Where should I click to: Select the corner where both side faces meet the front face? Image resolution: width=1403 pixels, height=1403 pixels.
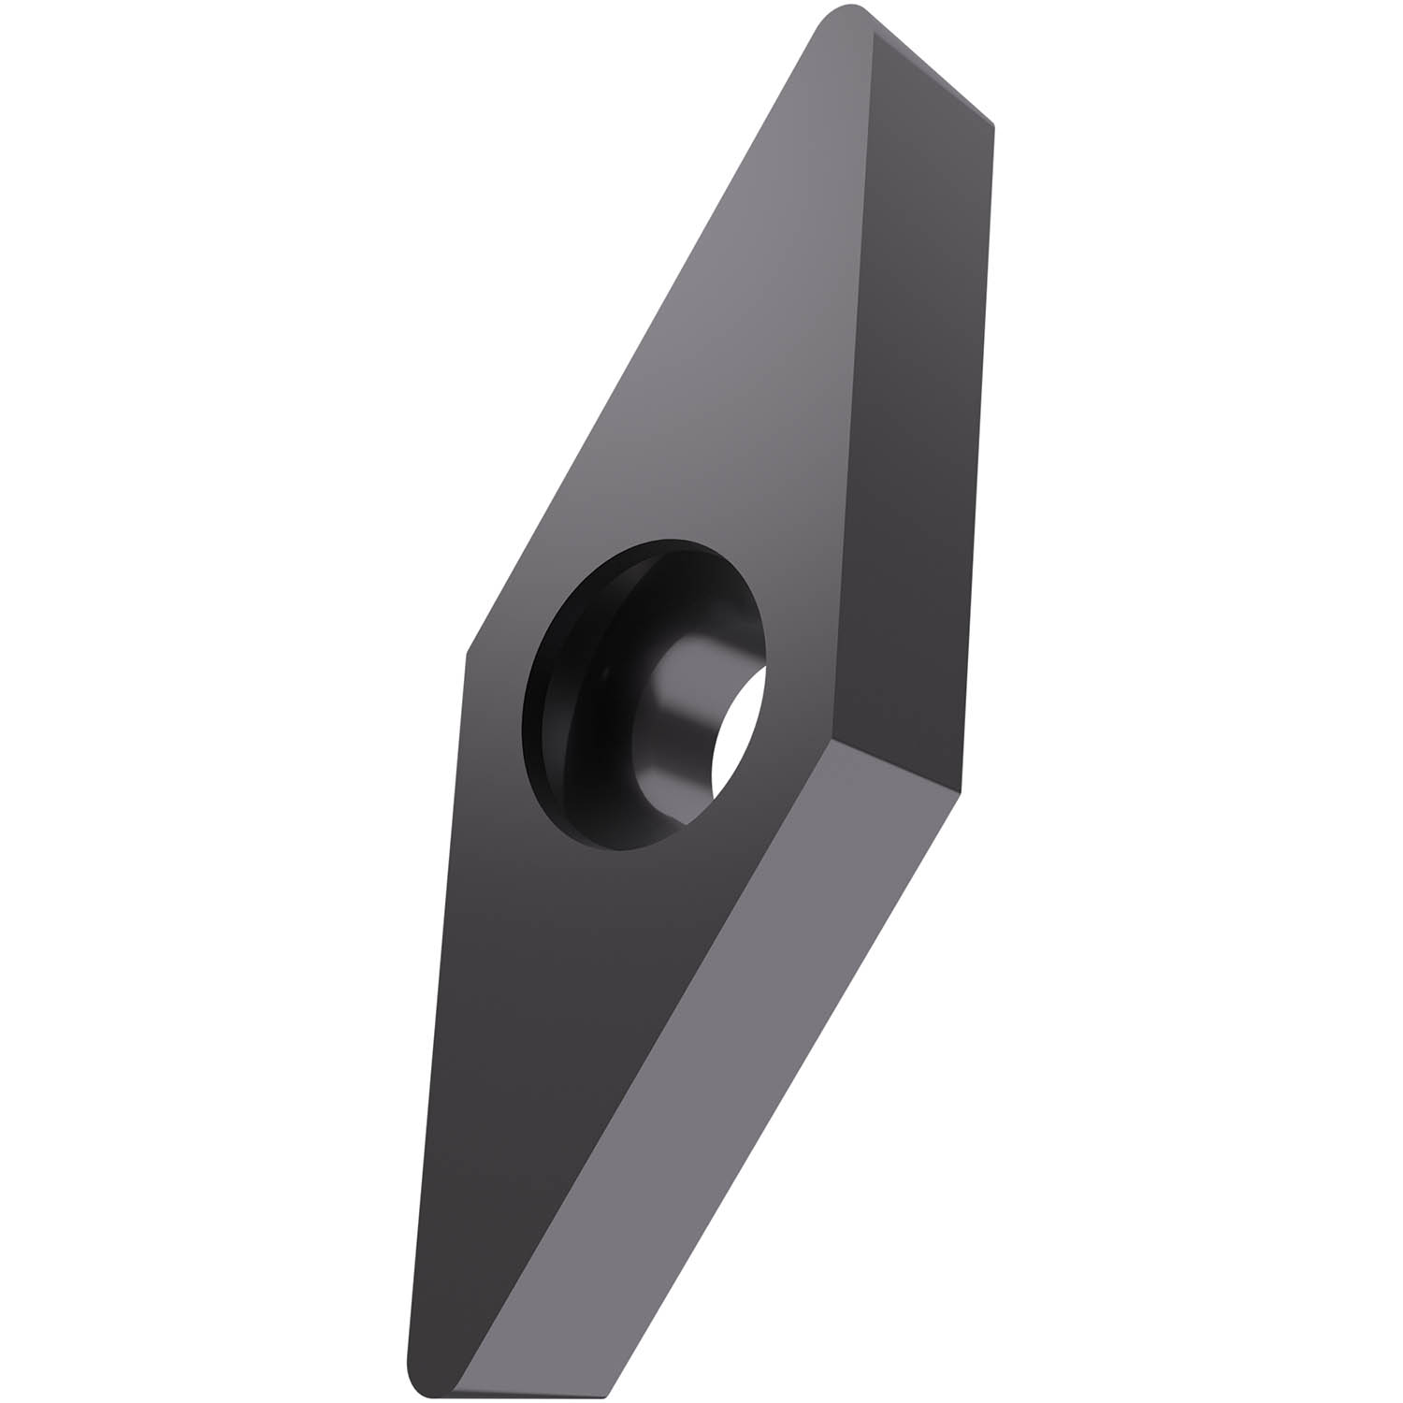(x=829, y=740)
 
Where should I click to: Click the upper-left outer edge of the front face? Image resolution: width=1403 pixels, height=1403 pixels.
(x=645, y=337)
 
